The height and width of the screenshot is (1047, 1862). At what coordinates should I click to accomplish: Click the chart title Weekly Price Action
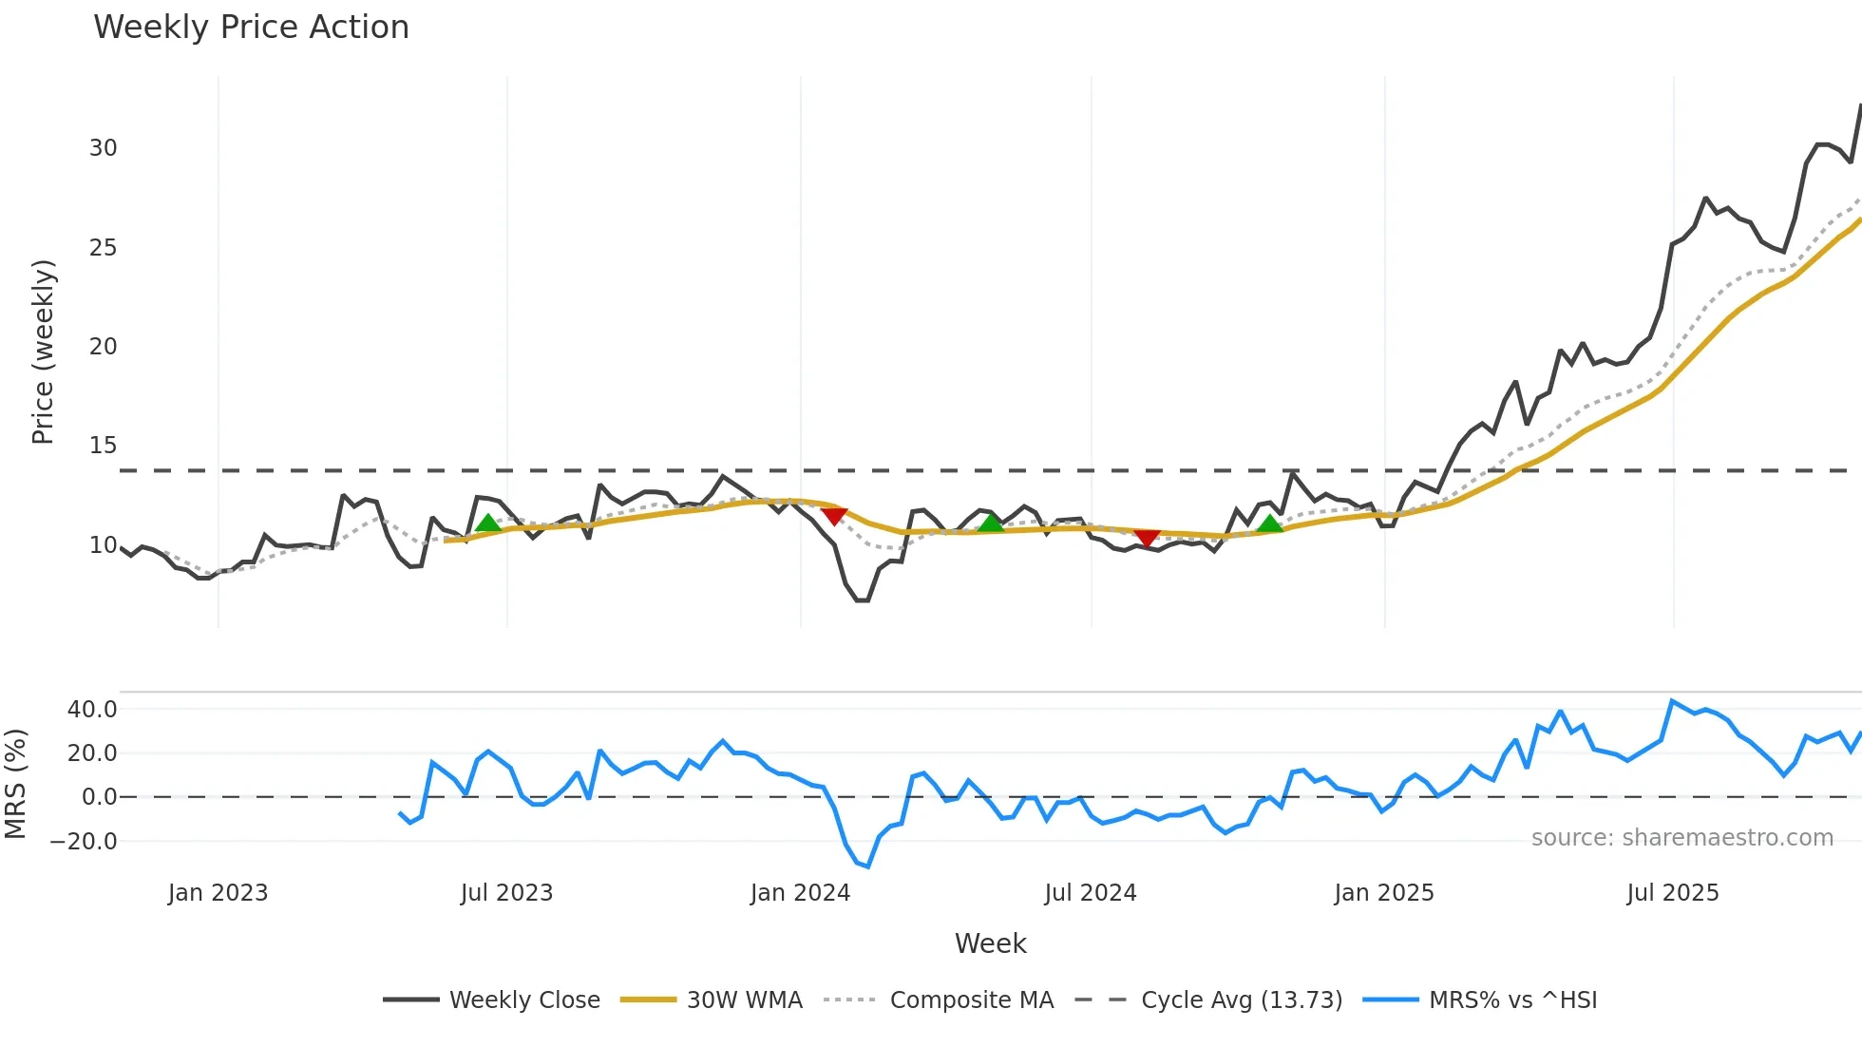click(251, 28)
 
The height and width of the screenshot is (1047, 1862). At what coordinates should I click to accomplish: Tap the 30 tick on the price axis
click(103, 148)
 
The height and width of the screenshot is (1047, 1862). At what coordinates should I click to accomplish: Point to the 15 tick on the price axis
click(103, 446)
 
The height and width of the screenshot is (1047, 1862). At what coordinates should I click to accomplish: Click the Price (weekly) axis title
click(43, 352)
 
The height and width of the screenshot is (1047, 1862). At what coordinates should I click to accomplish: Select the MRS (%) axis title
click(15, 784)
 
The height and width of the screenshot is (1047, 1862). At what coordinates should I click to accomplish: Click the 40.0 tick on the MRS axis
click(92, 710)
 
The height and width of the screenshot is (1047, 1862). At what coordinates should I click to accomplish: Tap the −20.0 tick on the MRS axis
click(84, 842)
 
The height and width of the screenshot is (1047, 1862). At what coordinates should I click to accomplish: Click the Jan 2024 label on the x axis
click(800, 893)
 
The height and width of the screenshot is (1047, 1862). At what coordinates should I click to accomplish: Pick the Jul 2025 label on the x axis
click(1672, 893)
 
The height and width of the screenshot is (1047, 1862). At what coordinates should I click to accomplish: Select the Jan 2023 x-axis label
click(218, 893)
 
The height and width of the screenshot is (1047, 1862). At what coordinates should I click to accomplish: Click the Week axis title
click(990, 943)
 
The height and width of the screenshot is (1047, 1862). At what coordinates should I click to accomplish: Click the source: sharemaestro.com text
click(1681, 838)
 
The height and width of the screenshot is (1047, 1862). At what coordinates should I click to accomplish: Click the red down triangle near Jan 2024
click(834, 516)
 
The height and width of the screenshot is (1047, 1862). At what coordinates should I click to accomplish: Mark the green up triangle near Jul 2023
click(487, 523)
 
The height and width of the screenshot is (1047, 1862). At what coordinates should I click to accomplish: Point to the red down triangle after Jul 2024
click(1147, 538)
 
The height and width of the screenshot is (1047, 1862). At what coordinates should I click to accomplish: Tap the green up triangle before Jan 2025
click(1270, 524)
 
